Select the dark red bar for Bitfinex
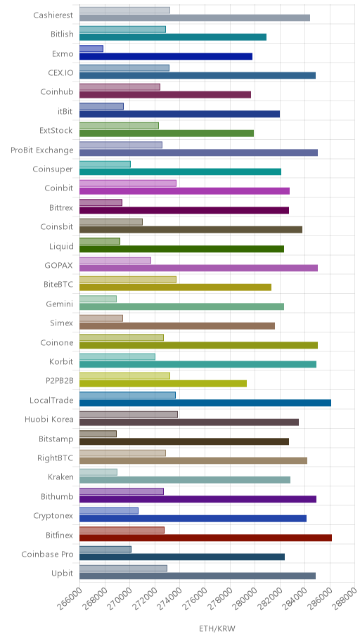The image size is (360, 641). point(205,538)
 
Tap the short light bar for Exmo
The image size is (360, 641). point(91,48)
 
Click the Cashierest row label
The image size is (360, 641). point(53,15)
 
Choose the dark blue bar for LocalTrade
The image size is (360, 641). point(205,403)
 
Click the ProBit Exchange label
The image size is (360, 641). point(42,150)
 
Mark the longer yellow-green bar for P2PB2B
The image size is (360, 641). point(163,384)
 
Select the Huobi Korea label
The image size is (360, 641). point(49,420)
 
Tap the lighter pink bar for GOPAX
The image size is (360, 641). point(115,260)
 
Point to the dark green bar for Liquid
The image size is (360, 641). point(181,249)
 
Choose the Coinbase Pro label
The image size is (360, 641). point(47,555)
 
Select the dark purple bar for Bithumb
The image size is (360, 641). point(198,499)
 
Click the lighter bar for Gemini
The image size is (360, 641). point(98,299)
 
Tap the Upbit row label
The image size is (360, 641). point(62,574)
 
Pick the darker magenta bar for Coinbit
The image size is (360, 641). point(184,191)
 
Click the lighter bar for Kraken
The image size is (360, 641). point(98,472)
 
